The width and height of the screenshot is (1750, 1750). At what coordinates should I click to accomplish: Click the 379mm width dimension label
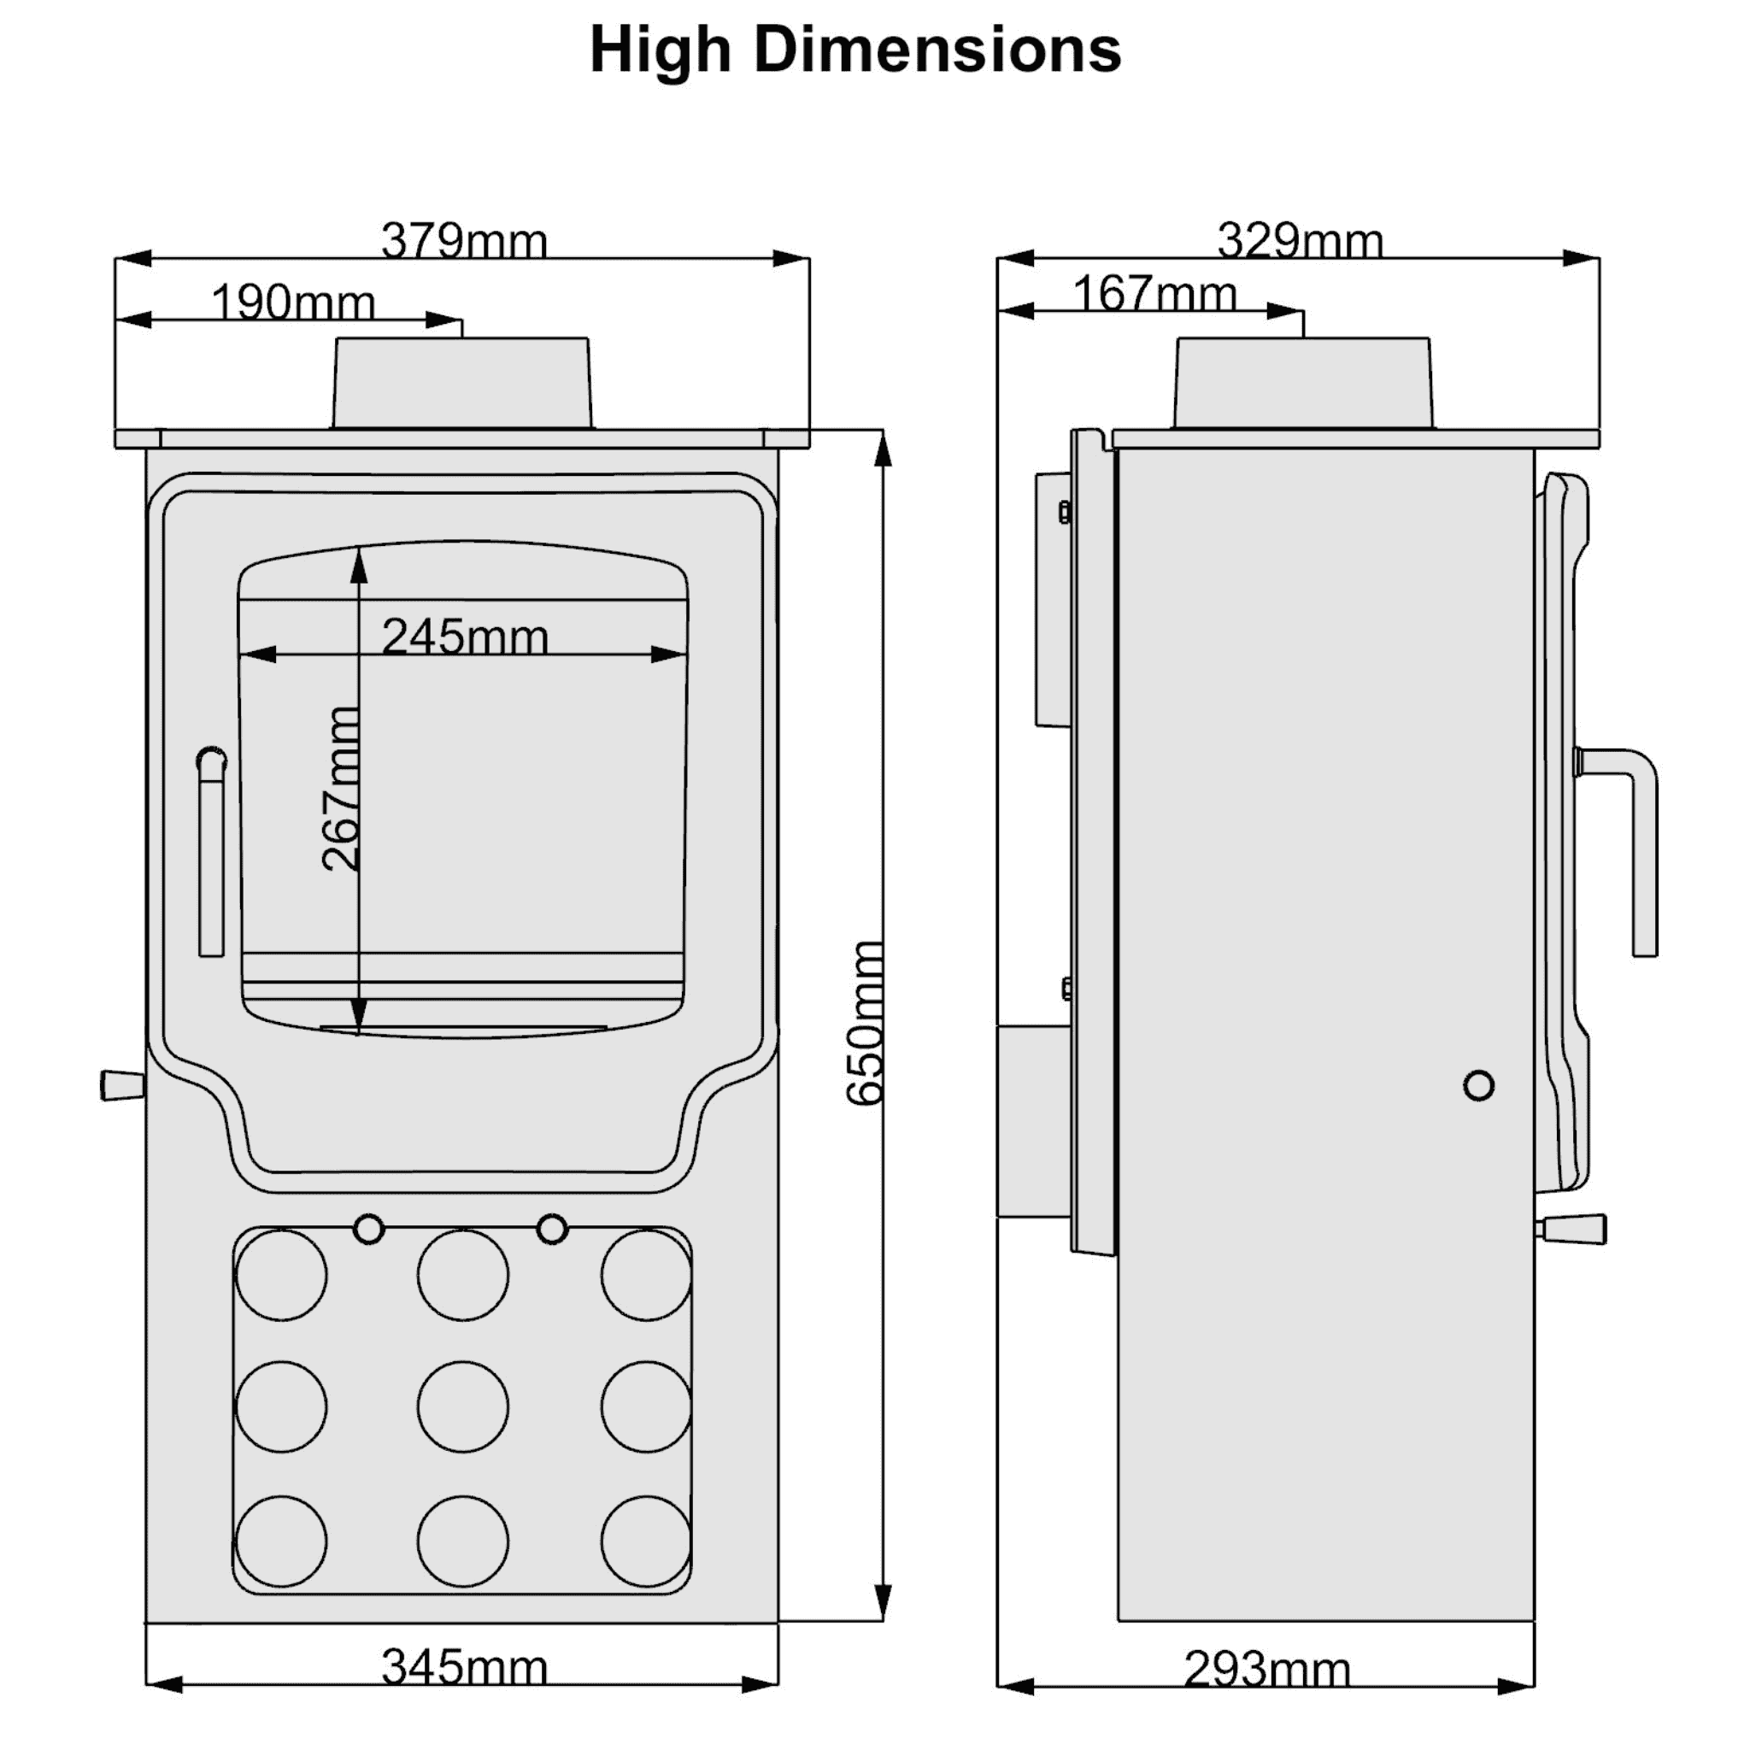(x=464, y=241)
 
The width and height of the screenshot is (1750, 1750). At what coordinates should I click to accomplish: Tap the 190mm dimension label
(x=292, y=302)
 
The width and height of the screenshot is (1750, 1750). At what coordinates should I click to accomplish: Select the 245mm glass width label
(x=465, y=637)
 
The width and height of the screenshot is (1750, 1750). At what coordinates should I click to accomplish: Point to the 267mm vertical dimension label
(x=342, y=789)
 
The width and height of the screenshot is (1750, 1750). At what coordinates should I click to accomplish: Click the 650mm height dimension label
(x=864, y=1024)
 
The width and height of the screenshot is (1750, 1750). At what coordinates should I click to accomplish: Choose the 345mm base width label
(x=464, y=1668)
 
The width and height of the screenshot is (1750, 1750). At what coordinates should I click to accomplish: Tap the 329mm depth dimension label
(x=1300, y=241)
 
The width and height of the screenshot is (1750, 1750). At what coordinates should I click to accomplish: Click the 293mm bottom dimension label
(x=1266, y=1670)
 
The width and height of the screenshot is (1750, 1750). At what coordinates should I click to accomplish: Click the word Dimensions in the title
(x=937, y=50)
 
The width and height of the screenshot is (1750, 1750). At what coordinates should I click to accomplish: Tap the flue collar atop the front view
(x=462, y=383)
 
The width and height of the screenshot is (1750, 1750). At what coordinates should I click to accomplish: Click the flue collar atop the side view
(x=1303, y=383)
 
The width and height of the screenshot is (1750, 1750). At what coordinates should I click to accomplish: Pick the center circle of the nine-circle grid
(x=463, y=1406)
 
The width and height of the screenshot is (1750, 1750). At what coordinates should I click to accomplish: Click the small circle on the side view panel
(x=1478, y=1085)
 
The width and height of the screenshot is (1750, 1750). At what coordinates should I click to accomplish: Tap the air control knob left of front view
(x=121, y=1085)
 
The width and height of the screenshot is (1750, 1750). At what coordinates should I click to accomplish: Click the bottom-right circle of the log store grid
(x=646, y=1542)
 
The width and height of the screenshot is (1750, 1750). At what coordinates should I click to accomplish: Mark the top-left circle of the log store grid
(x=281, y=1274)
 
